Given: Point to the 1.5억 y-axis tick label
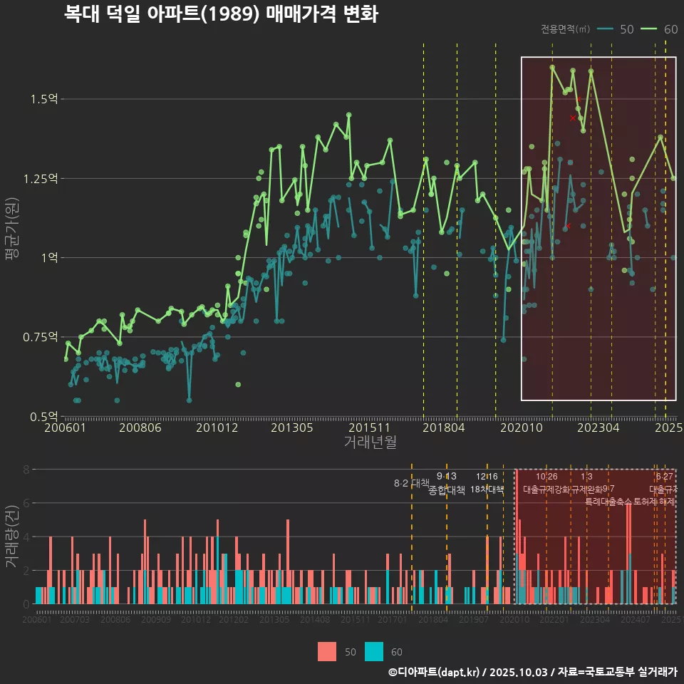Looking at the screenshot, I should pos(44,99).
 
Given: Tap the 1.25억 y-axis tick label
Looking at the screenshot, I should pos(41,178).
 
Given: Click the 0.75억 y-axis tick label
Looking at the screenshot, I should pos(41,337).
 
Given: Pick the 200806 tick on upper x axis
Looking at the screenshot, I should pos(140,428).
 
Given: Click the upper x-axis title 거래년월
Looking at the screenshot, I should pos(370,442).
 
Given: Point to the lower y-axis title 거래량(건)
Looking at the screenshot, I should pos(12,536).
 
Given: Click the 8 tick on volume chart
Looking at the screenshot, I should pos(26,470).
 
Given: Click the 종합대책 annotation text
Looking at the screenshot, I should pos(447,490).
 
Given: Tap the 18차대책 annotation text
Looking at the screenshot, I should pos(487,489).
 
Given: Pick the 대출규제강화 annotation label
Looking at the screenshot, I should pos(546,489).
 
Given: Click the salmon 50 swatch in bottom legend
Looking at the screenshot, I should pos(326,651).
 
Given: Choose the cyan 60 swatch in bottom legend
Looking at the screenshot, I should pos(374,651).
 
